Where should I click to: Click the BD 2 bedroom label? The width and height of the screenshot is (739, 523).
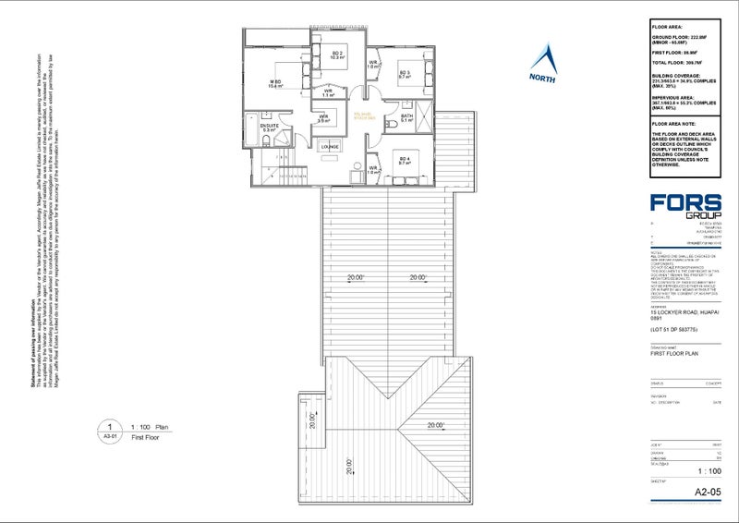point(336,54)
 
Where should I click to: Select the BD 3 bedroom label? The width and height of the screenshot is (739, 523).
point(405,73)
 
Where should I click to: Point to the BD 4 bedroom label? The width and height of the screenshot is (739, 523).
point(405,159)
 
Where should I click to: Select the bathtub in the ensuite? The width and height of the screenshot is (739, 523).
point(252,127)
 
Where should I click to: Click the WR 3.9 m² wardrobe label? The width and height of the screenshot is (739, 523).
point(324,117)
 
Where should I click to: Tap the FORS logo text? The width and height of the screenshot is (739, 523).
point(685,202)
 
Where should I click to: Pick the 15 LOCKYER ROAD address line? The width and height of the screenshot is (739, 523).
point(683,312)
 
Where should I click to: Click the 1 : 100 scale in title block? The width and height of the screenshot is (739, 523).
point(707,469)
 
